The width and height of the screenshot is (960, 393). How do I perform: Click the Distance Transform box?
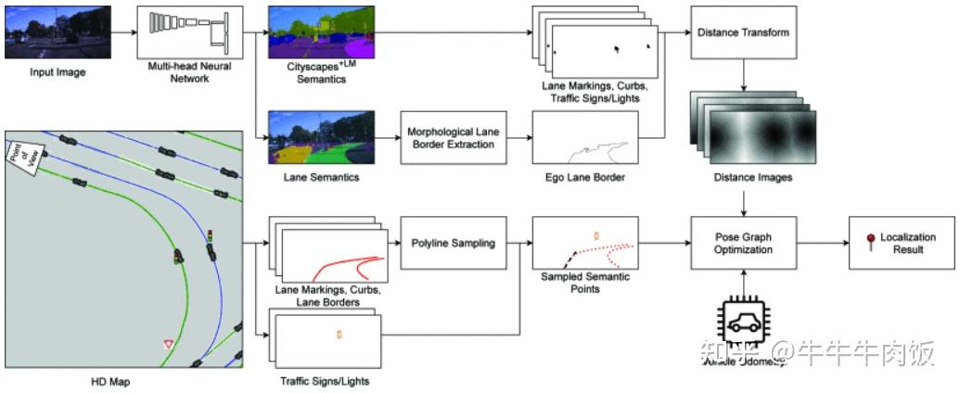pyautogui.click(x=742, y=32)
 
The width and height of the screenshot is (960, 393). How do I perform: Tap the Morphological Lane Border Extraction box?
pyautogui.click(x=453, y=139)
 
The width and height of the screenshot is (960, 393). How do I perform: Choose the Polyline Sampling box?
pyautogui.click(x=453, y=244)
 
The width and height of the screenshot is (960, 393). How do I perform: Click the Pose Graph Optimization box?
pyautogui.click(x=744, y=244)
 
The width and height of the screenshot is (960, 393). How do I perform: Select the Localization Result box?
pyautogui.click(x=899, y=244)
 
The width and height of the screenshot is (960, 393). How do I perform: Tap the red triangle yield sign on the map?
pyautogui.click(x=169, y=345)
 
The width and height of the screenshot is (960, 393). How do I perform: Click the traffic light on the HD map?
pyautogui.click(x=211, y=236)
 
